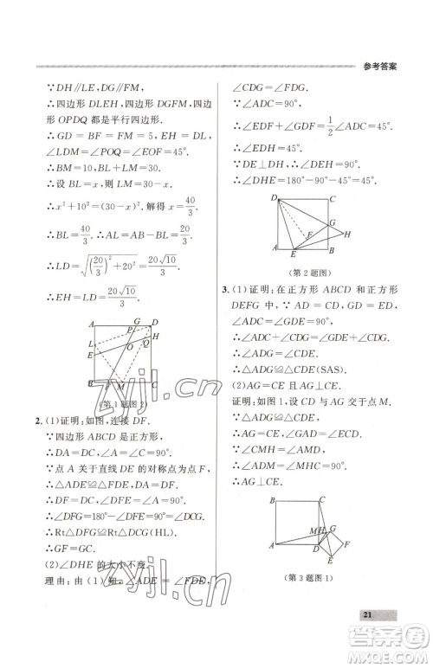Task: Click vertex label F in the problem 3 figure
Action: pos(346,545)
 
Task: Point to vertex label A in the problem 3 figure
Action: pos(271,546)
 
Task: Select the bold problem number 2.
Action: pos(36,421)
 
